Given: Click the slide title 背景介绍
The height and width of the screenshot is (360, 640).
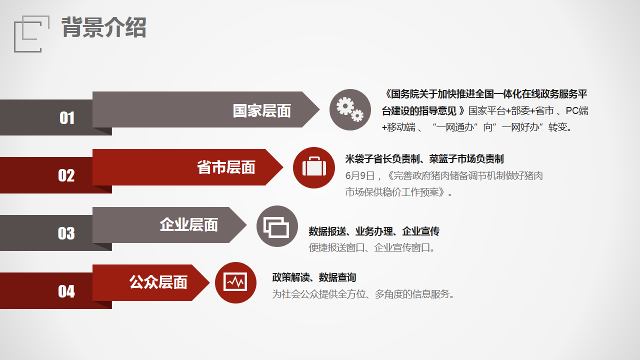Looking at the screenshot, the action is (x=104, y=27).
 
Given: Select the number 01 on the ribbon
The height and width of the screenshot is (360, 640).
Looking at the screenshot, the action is (x=67, y=117).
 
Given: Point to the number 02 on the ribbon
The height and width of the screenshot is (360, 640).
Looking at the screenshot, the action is (x=66, y=175).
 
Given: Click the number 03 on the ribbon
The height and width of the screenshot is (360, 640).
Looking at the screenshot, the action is (x=66, y=233).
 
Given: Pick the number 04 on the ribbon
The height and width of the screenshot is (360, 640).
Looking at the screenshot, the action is (x=66, y=291).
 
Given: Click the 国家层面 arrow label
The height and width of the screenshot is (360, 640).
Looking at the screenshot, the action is (x=261, y=110).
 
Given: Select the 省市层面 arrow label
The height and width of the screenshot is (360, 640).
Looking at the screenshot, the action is (x=226, y=167).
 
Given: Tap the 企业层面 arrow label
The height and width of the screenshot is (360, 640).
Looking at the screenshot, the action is (x=189, y=224).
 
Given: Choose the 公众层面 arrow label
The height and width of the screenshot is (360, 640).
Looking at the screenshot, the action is (x=158, y=282).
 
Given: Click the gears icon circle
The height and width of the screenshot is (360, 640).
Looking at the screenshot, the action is (x=350, y=109).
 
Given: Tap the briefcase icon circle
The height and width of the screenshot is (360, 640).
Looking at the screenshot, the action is (x=313, y=167).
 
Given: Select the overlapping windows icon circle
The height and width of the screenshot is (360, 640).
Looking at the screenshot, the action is (x=277, y=226).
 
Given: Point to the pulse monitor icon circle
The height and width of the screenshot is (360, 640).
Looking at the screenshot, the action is (x=235, y=283).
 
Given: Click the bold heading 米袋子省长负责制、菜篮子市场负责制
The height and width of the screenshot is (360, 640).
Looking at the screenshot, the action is (x=424, y=159).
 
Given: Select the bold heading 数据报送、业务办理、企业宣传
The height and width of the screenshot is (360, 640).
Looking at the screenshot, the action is (x=374, y=231).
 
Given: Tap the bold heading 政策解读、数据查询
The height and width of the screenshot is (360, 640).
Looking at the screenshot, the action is (x=314, y=277).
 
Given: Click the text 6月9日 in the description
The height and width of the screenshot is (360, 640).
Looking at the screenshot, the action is (x=359, y=175).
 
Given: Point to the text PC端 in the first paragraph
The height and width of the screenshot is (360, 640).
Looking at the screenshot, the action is (x=577, y=110).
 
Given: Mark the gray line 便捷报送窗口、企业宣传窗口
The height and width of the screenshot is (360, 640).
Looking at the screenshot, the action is (x=372, y=247).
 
